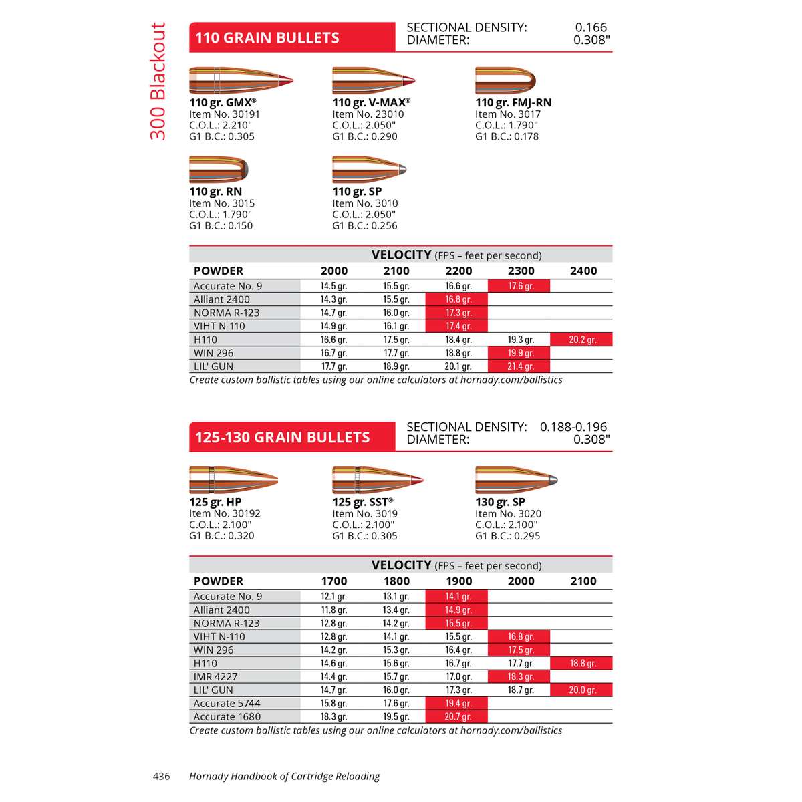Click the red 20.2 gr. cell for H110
pyautogui.click(x=581, y=340)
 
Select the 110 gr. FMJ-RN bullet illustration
pyautogui.click(x=505, y=80)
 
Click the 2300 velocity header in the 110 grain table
pyautogui.click(x=521, y=271)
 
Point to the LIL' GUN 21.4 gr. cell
pyautogui.click(x=519, y=366)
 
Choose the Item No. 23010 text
pyautogui.click(x=368, y=114)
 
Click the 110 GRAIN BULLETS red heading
pyautogui.click(x=267, y=38)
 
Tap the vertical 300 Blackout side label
pyautogui.click(x=158, y=81)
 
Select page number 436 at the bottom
pyautogui.click(x=162, y=776)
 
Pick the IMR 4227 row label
pyautogui.click(x=215, y=676)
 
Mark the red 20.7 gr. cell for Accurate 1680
pyautogui.click(x=457, y=716)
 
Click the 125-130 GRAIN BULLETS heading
pyautogui.click(x=282, y=438)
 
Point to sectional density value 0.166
pyautogui.click(x=591, y=27)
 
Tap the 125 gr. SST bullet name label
pyautogui.click(x=362, y=502)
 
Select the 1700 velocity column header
pyautogui.click(x=333, y=581)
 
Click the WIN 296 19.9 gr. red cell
pyautogui.click(x=519, y=353)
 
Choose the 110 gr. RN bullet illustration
pyautogui.click(x=219, y=170)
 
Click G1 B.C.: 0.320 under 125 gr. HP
pyautogui.click(x=221, y=535)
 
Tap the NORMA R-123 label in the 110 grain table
pyautogui.click(x=226, y=313)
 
